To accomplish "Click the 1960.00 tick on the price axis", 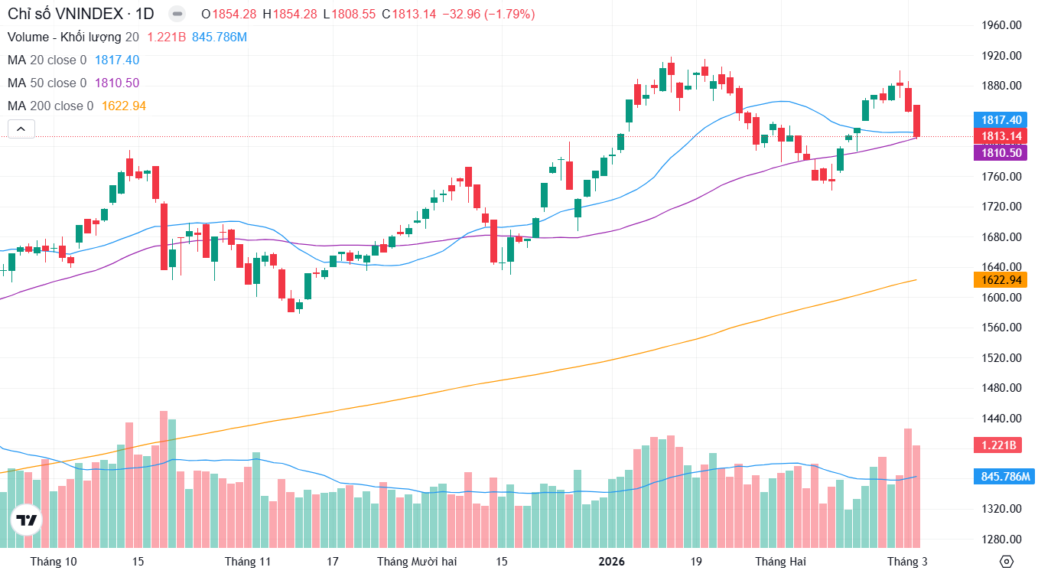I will [x=1001, y=25].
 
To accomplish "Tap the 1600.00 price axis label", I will [x=1001, y=298].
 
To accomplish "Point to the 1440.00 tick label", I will [x=1001, y=419].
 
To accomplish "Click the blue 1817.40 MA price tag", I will [x=1001, y=120].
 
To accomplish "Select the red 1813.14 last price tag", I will [x=1001, y=136].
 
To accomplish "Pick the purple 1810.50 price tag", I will [x=1001, y=152].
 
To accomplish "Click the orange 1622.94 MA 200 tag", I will [x=1001, y=280].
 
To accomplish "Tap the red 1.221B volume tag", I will [x=998, y=445].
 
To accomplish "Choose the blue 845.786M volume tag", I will [x=1005, y=478].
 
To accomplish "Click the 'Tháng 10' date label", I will [x=54, y=562].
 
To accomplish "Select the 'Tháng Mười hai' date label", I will [x=417, y=562].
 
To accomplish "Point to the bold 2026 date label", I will [x=612, y=562].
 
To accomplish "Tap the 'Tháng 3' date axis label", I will [x=907, y=562].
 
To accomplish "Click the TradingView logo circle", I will [x=27, y=520].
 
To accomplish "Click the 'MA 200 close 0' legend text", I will [x=50, y=106].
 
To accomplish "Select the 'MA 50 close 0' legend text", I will [x=47, y=83].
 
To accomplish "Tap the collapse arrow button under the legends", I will [x=21, y=129].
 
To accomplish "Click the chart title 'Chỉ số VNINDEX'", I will [x=66, y=14].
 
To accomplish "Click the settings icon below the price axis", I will [x=1007, y=562].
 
